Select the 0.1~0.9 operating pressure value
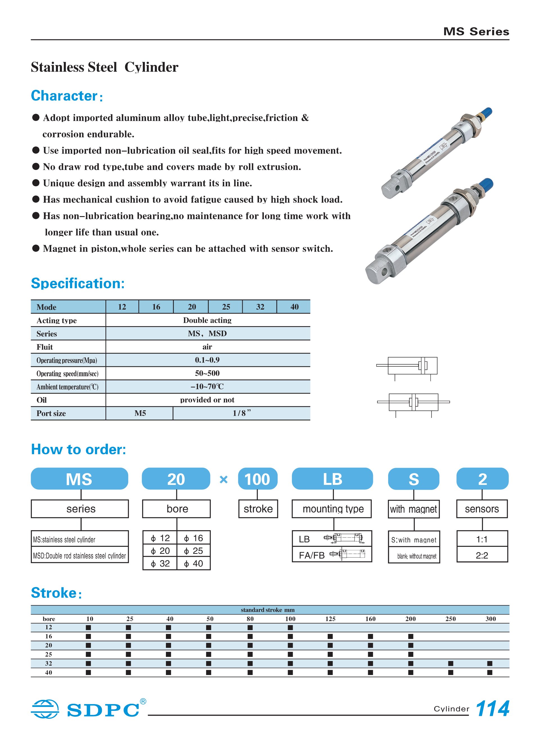tap(207, 360)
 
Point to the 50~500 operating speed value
tap(207, 373)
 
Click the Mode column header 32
tap(260, 307)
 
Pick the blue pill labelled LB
tap(332, 479)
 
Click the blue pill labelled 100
tap(258, 479)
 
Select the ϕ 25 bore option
tap(193, 551)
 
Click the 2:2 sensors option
tap(482, 555)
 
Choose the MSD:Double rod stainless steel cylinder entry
tap(79, 556)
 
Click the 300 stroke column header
tap(490, 619)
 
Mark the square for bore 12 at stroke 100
tap(290, 628)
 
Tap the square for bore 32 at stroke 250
tap(451, 664)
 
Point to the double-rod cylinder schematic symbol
tap(413, 402)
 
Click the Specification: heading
tap(78, 283)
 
